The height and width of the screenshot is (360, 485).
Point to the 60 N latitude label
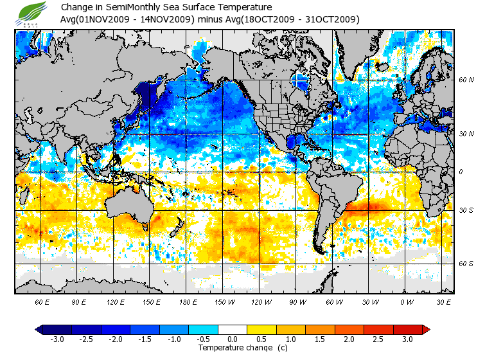(x=466, y=80)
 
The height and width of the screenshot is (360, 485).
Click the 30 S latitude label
(x=466, y=210)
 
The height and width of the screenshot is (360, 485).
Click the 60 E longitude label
(x=42, y=301)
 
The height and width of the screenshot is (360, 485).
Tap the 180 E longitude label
(x=188, y=301)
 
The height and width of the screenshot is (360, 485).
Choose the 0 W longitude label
(x=406, y=301)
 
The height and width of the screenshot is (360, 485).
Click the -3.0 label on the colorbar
(x=57, y=339)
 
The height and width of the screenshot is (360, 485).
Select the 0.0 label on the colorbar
(x=233, y=339)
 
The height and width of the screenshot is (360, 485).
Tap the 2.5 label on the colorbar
(x=379, y=339)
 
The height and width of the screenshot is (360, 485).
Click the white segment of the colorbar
(x=233, y=330)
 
